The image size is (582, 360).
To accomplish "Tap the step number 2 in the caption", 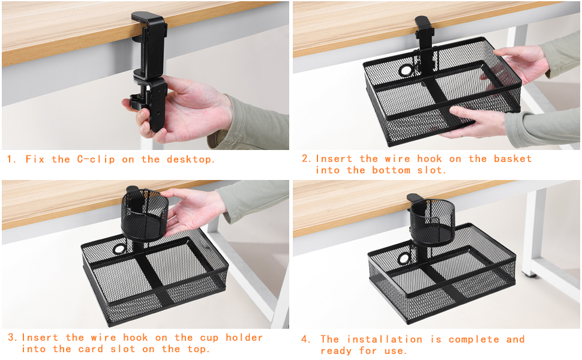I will pyautogui.click(x=305, y=159).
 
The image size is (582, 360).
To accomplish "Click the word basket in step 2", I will pyautogui.click(x=512, y=159).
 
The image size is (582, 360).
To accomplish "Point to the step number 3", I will pyautogui.click(x=12, y=338).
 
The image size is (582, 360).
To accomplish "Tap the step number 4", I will pyautogui.click(x=306, y=340).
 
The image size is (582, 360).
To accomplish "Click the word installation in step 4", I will pyautogui.click(x=383, y=340).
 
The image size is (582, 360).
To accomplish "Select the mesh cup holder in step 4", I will pyautogui.click(x=431, y=220).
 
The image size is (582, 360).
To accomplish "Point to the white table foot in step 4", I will pyautogui.click(x=528, y=273).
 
